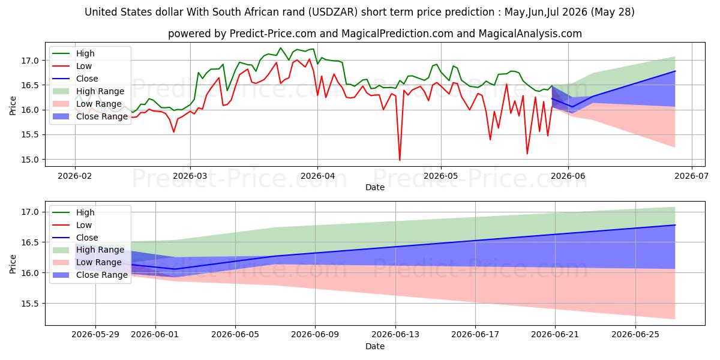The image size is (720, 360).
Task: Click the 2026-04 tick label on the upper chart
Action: [317, 176]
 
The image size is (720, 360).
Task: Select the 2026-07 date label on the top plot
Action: [691, 176]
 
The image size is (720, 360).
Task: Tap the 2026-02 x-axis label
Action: [75, 176]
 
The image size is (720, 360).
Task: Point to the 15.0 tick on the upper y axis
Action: [29, 160]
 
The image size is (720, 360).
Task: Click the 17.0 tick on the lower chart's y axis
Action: [29, 212]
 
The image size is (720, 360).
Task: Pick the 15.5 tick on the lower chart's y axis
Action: [29, 304]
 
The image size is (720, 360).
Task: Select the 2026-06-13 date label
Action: [395, 335]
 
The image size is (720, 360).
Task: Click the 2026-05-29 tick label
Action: [95, 335]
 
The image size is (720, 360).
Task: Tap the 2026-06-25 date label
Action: [635, 335]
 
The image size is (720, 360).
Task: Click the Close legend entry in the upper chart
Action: [75, 79]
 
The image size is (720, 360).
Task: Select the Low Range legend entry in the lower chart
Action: [87, 262]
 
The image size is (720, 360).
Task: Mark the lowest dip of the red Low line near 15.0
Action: [400, 160]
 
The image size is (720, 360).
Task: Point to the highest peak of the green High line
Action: [280, 48]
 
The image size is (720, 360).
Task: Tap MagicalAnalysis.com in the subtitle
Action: [530, 34]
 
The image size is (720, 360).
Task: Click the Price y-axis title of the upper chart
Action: [13, 106]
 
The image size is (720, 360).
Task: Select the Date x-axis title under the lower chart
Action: [375, 346]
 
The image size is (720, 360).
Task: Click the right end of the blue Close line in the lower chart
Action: [674, 225]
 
